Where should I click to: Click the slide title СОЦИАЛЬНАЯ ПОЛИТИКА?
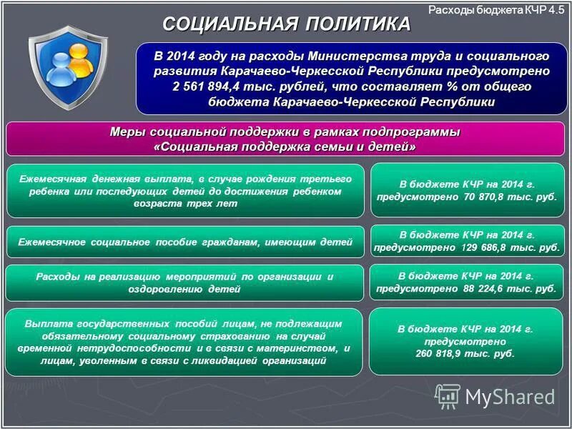286,24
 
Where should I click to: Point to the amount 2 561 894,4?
204,87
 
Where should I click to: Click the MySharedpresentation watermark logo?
495,396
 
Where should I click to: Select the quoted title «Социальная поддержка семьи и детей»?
285,147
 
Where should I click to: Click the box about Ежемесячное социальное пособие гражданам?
185,242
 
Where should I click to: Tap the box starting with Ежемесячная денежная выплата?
185,190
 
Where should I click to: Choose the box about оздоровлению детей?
185,282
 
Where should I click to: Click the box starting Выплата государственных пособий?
185,342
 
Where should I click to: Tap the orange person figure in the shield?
83,66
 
